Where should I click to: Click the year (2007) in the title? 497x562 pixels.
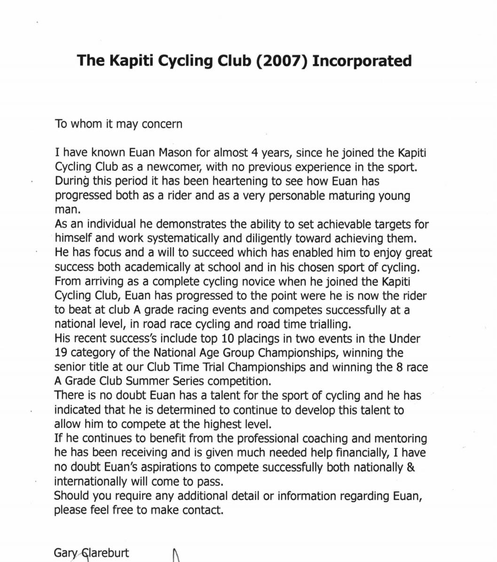(281, 61)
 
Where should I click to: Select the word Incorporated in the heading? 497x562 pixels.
(362, 61)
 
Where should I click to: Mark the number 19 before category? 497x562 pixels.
(62, 353)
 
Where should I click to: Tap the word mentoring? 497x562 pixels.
(401, 438)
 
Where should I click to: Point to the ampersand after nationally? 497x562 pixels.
(410, 467)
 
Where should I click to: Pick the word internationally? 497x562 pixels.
(90, 482)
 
